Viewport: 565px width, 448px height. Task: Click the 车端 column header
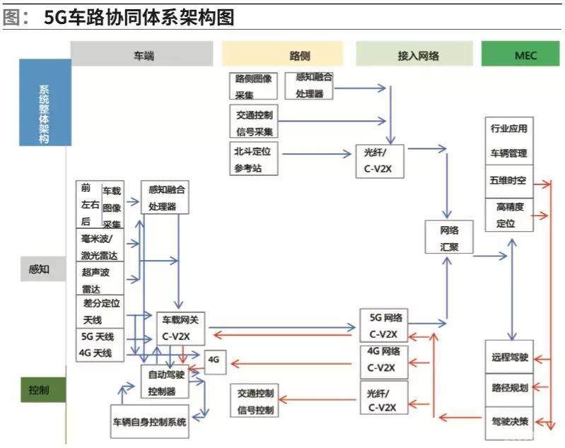point(141,54)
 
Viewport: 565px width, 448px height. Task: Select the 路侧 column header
point(282,54)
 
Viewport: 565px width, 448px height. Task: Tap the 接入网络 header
point(414,54)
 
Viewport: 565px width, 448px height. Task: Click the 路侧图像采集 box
point(254,86)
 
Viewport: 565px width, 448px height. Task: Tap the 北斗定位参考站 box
point(254,159)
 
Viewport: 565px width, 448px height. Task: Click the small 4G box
point(214,360)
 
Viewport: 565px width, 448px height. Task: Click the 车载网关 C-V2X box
point(181,327)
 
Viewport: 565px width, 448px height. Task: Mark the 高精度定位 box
point(509,215)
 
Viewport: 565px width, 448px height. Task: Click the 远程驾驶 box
point(509,358)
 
